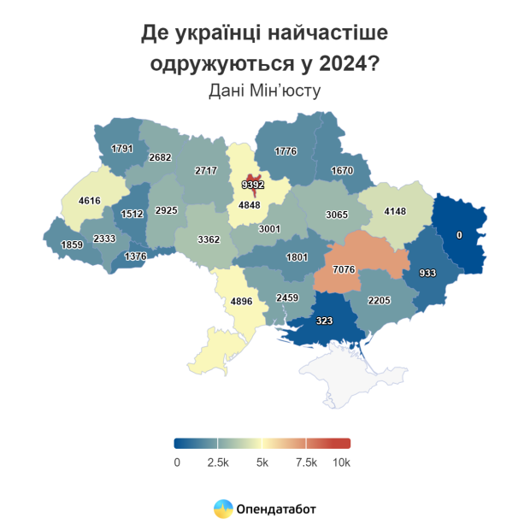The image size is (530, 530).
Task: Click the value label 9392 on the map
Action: pos(253,184)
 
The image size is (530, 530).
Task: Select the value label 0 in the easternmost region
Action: pos(459,235)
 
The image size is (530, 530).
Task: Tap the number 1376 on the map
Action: pos(136,256)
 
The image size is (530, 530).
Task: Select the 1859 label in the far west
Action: pos(72,245)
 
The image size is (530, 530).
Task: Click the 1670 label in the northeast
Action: pos(342,170)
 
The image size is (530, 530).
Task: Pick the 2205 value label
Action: pos(379,300)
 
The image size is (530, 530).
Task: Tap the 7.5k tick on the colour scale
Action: pos(306,462)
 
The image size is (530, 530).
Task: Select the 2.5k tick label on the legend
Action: pos(218,462)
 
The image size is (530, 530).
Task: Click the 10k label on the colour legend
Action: pos(342,462)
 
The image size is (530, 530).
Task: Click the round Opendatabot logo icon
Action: pos(222,509)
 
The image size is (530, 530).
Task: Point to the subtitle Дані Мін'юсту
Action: pos(264,90)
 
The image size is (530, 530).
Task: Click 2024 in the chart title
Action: pos(345,63)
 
